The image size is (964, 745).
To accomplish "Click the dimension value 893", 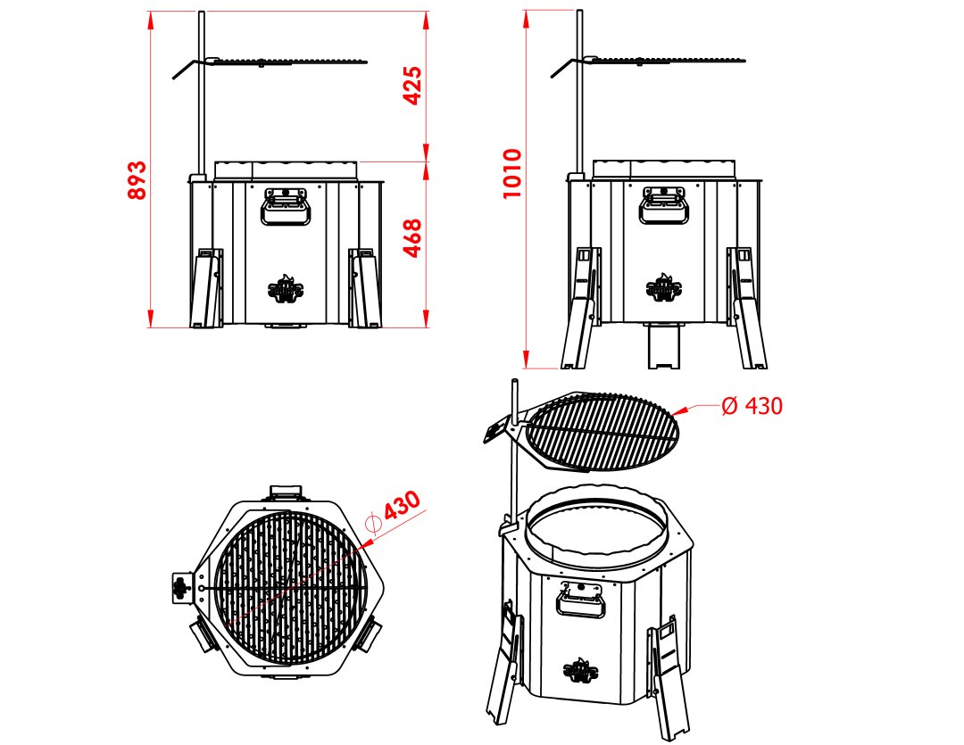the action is click(x=137, y=179).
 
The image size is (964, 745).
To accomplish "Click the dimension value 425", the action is click(x=411, y=86).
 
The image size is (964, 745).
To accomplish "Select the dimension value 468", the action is click(x=411, y=238).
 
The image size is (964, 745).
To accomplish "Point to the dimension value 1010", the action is click(x=512, y=173).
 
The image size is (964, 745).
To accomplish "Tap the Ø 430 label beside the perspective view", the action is click(x=752, y=406).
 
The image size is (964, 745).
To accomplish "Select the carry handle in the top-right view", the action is click(x=664, y=206).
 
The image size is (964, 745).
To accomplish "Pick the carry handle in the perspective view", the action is click(x=581, y=600).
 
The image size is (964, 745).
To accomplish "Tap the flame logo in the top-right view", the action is click(x=665, y=288).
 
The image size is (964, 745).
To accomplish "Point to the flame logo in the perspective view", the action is click(x=581, y=671).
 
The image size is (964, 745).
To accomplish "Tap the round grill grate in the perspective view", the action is click(x=602, y=432).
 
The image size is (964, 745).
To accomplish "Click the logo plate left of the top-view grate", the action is click(x=180, y=589).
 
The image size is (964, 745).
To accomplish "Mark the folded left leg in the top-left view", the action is click(x=206, y=287).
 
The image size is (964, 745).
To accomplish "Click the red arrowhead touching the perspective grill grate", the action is click(x=679, y=411).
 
